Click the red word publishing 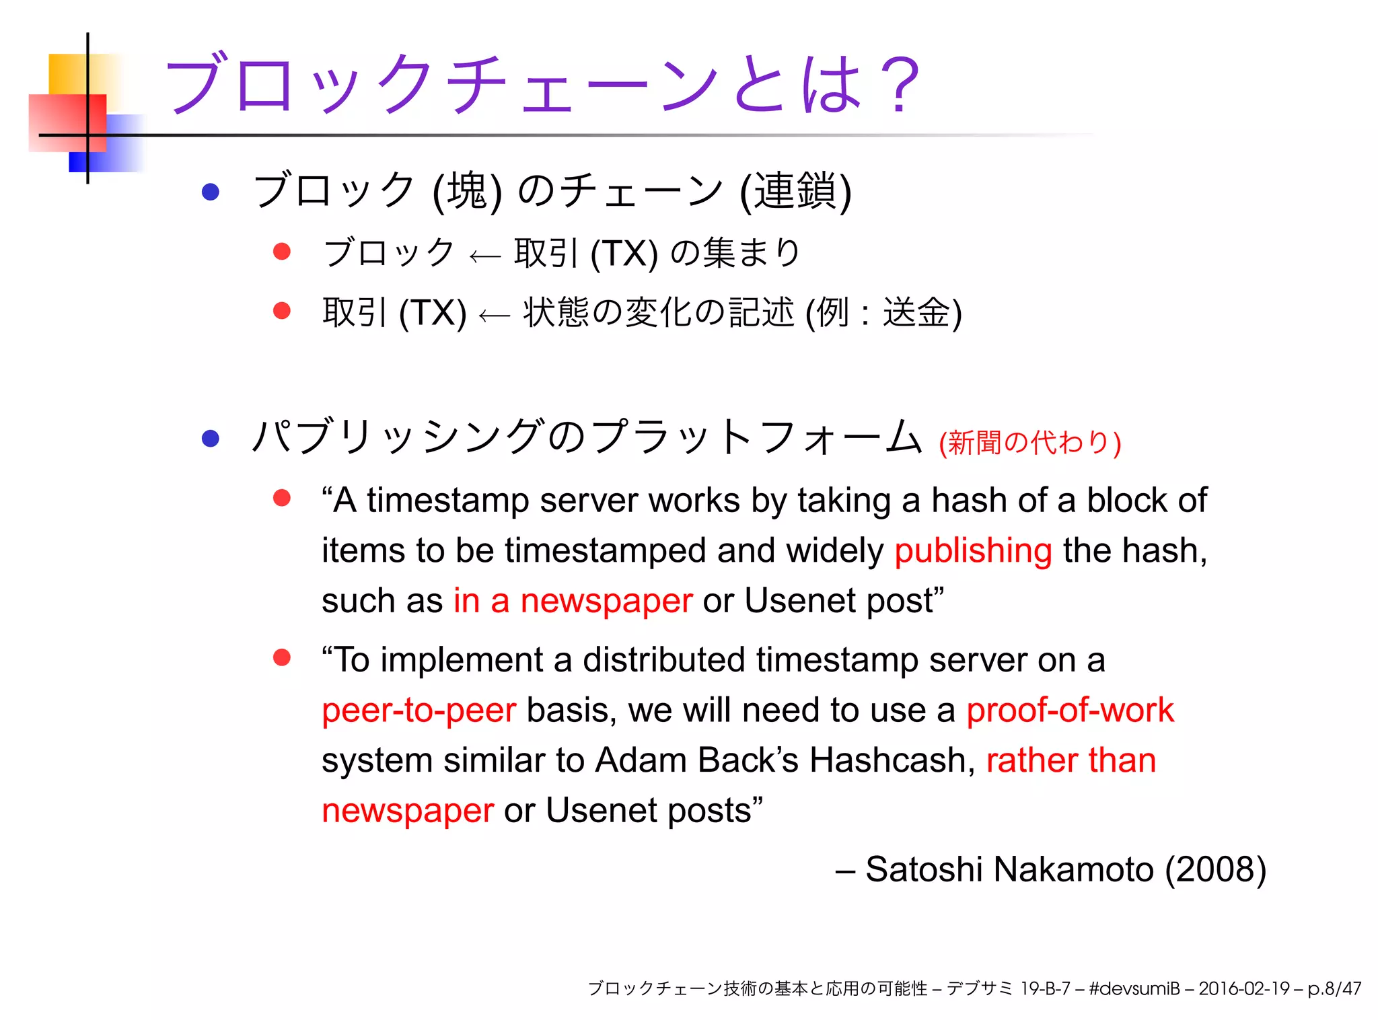pyautogui.click(x=972, y=550)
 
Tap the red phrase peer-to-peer pyautogui.click(x=419, y=710)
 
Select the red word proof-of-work pyautogui.click(x=1070, y=710)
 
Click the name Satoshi pyautogui.click(x=924, y=869)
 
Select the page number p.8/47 pyautogui.click(x=1334, y=988)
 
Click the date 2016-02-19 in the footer pyautogui.click(x=1243, y=988)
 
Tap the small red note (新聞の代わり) pyautogui.click(x=1029, y=443)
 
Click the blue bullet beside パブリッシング pyautogui.click(x=211, y=439)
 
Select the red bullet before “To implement pyautogui.click(x=281, y=657)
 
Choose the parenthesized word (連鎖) pyautogui.click(x=795, y=191)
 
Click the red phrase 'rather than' pyautogui.click(x=1071, y=760)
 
